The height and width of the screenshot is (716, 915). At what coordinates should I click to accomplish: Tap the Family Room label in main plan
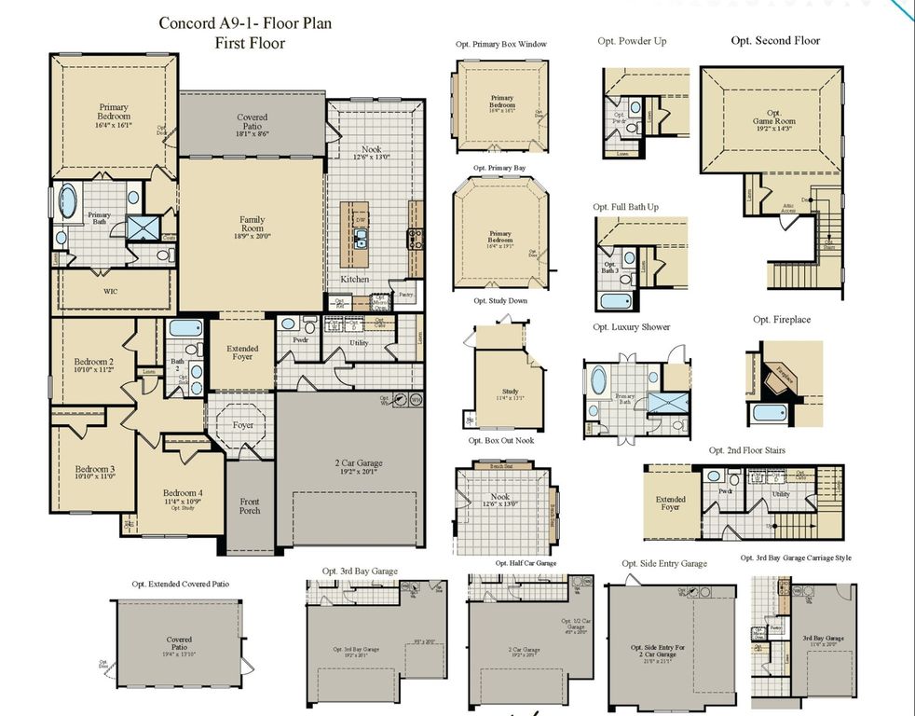click(x=252, y=225)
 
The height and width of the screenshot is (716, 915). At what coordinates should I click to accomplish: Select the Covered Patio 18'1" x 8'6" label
click(x=252, y=124)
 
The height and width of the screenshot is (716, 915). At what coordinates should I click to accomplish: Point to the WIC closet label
click(x=110, y=291)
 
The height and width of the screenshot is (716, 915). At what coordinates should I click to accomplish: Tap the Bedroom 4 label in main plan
click(x=182, y=494)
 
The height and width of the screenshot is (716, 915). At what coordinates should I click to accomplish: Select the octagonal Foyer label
click(x=243, y=425)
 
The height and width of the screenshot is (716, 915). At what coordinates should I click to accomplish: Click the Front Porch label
click(x=251, y=506)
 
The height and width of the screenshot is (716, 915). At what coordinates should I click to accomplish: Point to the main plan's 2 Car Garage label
click(x=359, y=463)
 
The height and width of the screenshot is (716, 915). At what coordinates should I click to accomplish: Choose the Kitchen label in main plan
click(x=354, y=279)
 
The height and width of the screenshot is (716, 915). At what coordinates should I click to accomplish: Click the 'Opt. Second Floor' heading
click(x=775, y=41)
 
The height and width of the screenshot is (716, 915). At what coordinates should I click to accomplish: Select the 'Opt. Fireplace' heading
click(x=782, y=320)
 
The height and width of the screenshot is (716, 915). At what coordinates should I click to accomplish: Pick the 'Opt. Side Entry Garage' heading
click(x=664, y=563)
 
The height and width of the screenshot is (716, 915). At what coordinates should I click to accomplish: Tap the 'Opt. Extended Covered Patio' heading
click(x=183, y=584)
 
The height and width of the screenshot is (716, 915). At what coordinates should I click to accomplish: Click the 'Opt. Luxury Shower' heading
click(x=631, y=327)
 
